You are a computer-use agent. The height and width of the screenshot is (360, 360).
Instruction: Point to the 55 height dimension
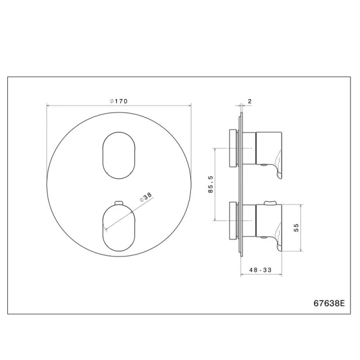296,227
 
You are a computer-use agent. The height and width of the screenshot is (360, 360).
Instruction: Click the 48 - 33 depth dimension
260,271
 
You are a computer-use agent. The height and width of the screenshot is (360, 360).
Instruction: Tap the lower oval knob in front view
118,226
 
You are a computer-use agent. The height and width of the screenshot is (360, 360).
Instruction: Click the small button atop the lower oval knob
118,202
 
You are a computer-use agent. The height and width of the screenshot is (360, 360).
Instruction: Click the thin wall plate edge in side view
242,180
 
